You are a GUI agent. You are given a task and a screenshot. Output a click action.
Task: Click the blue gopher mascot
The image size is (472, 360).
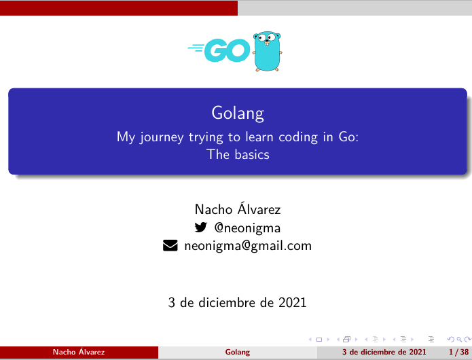(x=268, y=51)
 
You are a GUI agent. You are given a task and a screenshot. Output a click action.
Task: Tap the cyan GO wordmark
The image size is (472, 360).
(x=219, y=50)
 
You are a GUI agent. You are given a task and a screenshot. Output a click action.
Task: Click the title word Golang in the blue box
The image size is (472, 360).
(x=238, y=114)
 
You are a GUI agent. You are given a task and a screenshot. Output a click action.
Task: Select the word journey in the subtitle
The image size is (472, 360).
(x=162, y=138)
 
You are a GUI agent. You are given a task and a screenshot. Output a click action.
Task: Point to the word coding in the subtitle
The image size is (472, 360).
(x=298, y=138)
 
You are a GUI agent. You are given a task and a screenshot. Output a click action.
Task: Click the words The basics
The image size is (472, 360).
(x=238, y=154)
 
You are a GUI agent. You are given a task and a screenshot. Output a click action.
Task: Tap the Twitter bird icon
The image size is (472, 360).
(x=201, y=227)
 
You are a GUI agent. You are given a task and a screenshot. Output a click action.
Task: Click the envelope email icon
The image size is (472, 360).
(x=170, y=245)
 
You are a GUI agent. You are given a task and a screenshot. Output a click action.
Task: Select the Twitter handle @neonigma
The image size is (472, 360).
(x=247, y=228)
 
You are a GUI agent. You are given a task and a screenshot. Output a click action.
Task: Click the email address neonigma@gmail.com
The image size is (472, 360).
(x=248, y=246)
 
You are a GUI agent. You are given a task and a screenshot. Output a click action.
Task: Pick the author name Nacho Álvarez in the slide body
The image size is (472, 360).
(x=238, y=209)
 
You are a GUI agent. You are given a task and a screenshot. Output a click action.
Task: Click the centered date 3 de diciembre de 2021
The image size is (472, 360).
(x=238, y=302)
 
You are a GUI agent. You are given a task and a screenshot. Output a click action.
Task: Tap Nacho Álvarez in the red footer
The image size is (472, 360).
(x=79, y=352)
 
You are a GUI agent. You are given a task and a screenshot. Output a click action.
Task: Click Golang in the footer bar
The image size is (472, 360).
(x=238, y=352)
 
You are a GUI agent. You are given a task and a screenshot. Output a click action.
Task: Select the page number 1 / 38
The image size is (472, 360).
(x=458, y=352)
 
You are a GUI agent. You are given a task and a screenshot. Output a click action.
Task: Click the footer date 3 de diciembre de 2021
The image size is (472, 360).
(x=384, y=352)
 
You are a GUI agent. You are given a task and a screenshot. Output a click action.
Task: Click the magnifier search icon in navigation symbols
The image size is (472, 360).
(x=459, y=340)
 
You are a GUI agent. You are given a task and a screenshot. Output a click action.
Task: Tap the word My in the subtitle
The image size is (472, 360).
(x=126, y=138)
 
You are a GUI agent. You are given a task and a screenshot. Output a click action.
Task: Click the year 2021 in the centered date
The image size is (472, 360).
(x=292, y=302)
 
